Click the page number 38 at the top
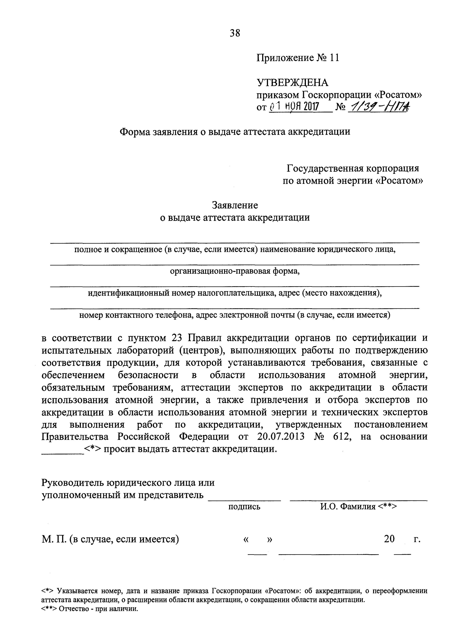coord(235,33)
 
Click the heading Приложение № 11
coord(298,58)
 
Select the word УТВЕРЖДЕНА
coord(292,83)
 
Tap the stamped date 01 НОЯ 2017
coord(295,107)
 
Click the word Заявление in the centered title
coord(235,205)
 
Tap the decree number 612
coord(341,437)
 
